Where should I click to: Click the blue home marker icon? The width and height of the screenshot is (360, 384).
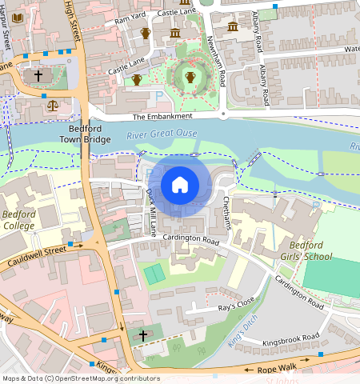click(180, 185)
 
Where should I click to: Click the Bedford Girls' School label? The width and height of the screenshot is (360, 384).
click(310, 250)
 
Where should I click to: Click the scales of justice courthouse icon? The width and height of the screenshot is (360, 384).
click(53, 104)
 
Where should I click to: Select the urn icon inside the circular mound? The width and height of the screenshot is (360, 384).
click(190, 77)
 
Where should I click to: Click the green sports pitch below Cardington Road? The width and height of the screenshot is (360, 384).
click(154, 274)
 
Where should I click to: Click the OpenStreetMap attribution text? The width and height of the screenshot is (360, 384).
click(80, 378)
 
